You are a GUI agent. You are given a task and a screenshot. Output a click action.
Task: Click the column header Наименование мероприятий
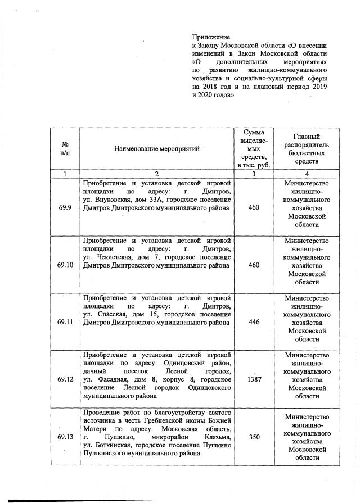point(157,149)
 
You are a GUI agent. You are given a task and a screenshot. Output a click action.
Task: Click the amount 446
point(254,323)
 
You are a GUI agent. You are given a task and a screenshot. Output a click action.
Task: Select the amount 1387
point(254,379)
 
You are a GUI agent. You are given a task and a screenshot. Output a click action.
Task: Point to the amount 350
point(254,437)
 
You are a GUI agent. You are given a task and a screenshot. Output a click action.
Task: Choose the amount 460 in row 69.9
point(254,208)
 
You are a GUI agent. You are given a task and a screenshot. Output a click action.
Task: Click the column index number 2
point(157,174)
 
